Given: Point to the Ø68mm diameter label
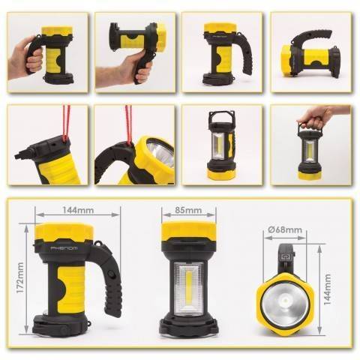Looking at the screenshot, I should click(x=287, y=229).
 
